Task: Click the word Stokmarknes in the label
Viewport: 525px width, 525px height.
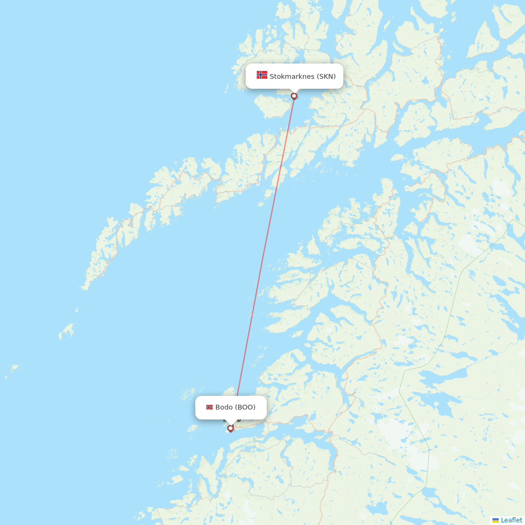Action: pyautogui.click(x=292, y=76)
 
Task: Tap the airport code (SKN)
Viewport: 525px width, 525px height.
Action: pyautogui.click(x=326, y=76)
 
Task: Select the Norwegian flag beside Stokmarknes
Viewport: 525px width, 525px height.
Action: pyautogui.click(x=262, y=75)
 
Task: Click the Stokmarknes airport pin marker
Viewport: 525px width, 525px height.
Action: pyautogui.click(x=294, y=96)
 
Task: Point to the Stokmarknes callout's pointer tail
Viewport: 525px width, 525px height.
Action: pyautogui.click(x=294, y=91)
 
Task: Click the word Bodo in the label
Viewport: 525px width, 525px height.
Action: pyautogui.click(x=224, y=407)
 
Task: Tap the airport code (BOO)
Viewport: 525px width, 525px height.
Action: pyautogui.click(x=245, y=407)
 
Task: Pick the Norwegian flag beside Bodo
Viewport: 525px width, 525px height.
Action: pyautogui.click(x=209, y=407)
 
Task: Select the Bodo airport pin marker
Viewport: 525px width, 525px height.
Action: pyautogui.click(x=230, y=428)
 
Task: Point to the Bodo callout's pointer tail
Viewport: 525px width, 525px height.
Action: pyautogui.click(x=230, y=422)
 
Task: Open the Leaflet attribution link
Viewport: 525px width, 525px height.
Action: pyautogui.click(x=511, y=520)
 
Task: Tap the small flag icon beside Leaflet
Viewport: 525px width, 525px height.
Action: pyautogui.click(x=496, y=520)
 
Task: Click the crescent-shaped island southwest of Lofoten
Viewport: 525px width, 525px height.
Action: pyautogui.click(x=67, y=331)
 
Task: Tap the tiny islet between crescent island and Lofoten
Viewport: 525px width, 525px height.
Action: pyautogui.click(x=77, y=310)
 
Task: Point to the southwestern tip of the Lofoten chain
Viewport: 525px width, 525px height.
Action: pyautogui.click(x=84, y=287)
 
